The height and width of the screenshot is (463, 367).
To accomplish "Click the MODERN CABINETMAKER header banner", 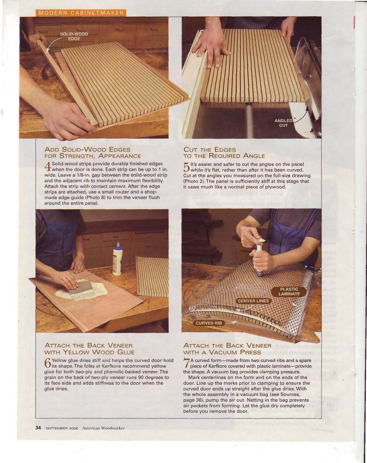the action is tap(81, 13).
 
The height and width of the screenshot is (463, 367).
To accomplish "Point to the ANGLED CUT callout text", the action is tap(283, 123).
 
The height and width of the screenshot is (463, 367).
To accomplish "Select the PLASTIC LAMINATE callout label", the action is tap(289, 291).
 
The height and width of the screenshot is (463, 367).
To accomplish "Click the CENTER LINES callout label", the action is tap(253, 301).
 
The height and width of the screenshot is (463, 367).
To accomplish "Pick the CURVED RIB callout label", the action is tap(209, 323).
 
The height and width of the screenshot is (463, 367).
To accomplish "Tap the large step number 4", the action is tap(48, 167).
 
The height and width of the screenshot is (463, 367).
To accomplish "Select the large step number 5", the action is tap(186, 168).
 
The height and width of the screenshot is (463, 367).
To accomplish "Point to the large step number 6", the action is tap(48, 363).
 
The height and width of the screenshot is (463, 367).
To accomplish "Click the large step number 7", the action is tap(186, 363).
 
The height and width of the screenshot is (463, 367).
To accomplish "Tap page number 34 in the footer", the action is tap(38, 428).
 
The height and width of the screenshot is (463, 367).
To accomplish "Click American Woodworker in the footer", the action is tap(103, 428).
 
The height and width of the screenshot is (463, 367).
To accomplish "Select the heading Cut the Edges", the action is tap(210, 149).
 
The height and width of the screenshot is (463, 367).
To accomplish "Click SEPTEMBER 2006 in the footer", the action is tap(61, 428).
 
